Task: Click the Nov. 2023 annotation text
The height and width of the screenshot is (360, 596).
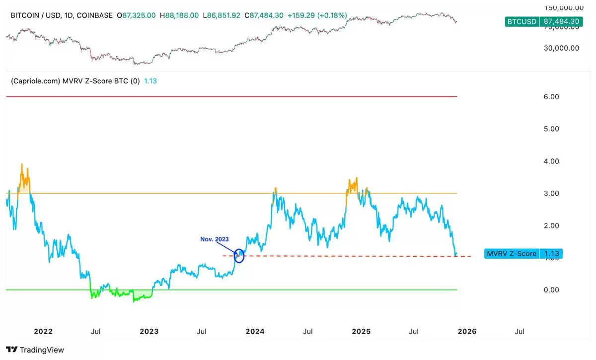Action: [x=215, y=239]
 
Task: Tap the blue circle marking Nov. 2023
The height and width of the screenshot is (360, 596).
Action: [x=239, y=256]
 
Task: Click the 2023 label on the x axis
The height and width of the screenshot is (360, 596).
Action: [x=149, y=331]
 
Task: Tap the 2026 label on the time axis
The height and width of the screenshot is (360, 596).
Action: [x=467, y=331]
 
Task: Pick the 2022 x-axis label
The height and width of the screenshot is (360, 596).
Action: [x=43, y=331]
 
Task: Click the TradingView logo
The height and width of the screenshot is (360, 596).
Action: [x=35, y=350]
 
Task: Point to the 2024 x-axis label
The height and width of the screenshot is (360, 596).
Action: [x=255, y=331]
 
